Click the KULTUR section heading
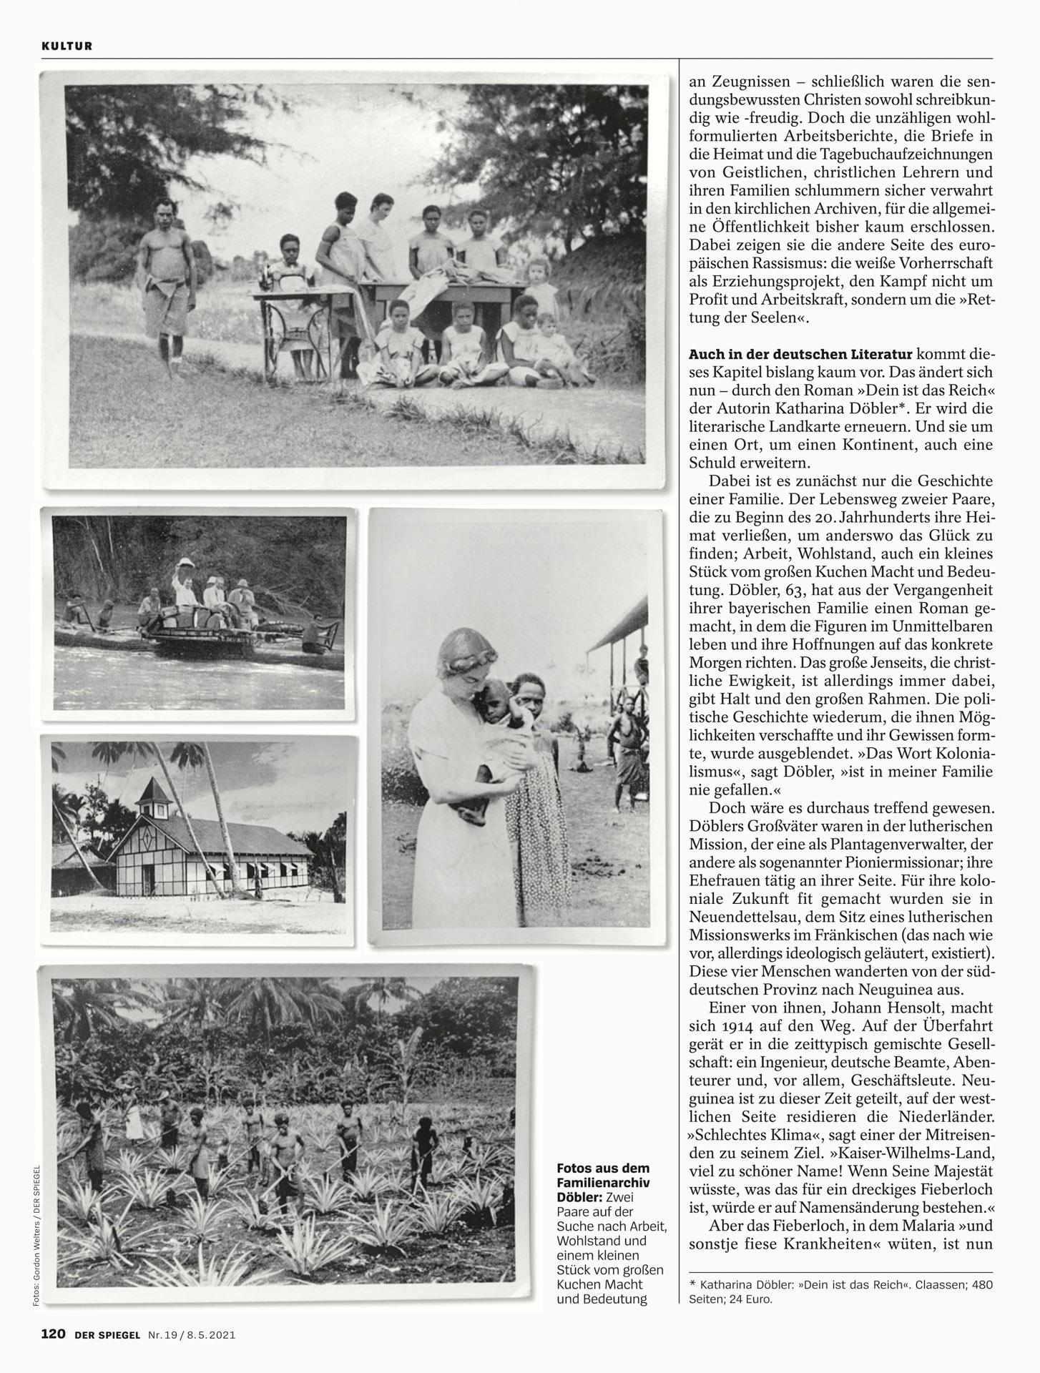click(x=67, y=46)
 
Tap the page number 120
click(x=53, y=1334)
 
